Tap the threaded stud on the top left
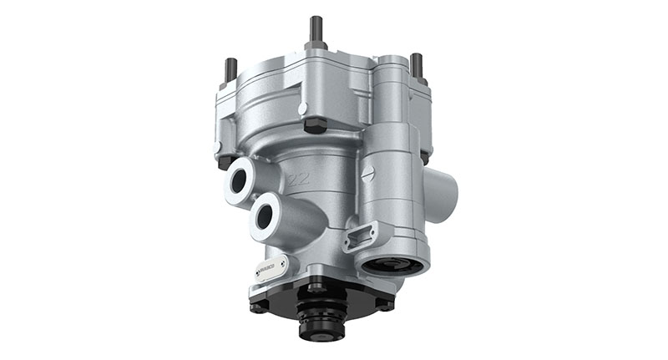pyautogui.click(x=231, y=68)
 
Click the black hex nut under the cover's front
pyautogui.click(x=316, y=125)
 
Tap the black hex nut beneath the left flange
pyautogui.click(x=225, y=160)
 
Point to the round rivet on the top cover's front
pyautogui.click(x=302, y=108)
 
